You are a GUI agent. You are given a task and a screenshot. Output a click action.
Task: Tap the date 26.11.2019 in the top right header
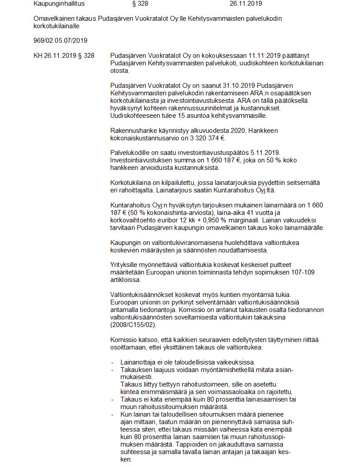[246, 4]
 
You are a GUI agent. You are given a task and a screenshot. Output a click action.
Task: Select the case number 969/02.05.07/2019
[60, 41]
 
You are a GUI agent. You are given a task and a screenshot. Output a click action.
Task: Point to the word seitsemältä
[304, 183]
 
